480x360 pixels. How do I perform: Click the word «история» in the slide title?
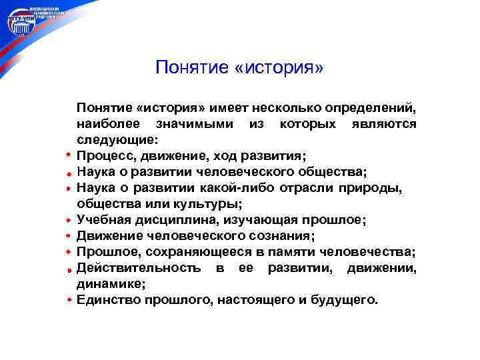279,67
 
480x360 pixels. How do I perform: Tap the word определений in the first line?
371,108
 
